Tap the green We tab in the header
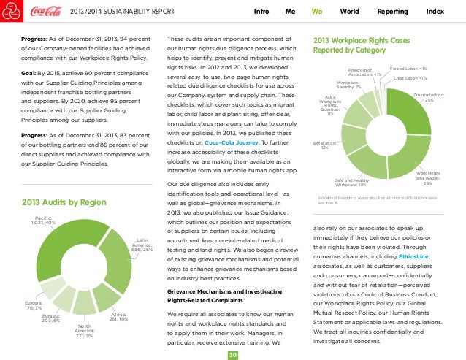(x=317, y=12)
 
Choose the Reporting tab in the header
(x=393, y=12)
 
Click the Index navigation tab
(x=435, y=12)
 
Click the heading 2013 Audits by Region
(x=58, y=202)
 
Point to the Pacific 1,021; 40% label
(x=45, y=221)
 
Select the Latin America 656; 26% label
(x=142, y=245)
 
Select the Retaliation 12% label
(x=324, y=145)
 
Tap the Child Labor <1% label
(x=410, y=77)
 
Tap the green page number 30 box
(x=232, y=354)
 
